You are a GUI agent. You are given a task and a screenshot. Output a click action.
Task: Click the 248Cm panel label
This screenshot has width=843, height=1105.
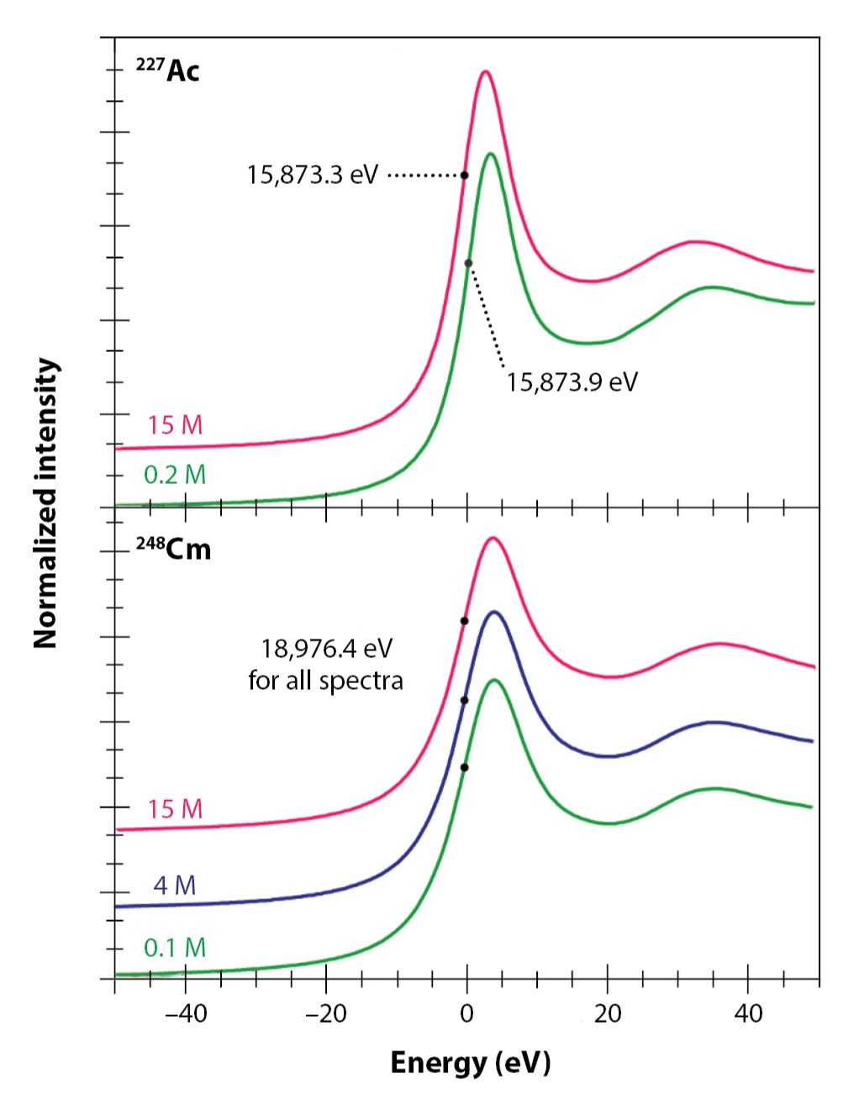pyautogui.click(x=173, y=550)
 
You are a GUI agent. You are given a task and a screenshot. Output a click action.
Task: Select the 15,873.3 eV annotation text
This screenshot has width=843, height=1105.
pyautogui.click(x=313, y=175)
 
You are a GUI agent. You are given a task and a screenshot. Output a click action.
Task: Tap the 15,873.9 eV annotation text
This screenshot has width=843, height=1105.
pyautogui.click(x=572, y=382)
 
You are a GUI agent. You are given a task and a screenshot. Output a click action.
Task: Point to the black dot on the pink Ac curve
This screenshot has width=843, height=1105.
pyautogui.click(x=464, y=175)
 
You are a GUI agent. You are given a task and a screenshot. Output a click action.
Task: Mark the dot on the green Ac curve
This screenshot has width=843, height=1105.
pyautogui.click(x=469, y=263)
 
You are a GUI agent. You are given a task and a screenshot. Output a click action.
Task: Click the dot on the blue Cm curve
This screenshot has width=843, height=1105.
pyautogui.click(x=464, y=700)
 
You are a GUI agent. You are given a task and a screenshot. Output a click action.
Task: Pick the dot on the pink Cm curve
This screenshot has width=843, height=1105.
pyautogui.click(x=464, y=621)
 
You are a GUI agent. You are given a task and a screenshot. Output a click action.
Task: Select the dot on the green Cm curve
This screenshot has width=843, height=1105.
pyautogui.click(x=464, y=767)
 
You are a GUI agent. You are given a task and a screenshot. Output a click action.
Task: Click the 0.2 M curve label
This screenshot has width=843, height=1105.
pyautogui.click(x=175, y=476)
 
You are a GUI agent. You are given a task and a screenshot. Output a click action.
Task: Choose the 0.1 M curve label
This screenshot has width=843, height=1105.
pyautogui.click(x=175, y=948)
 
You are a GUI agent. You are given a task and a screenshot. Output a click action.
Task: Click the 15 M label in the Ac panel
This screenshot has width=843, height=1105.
pyautogui.click(x=175, y=425)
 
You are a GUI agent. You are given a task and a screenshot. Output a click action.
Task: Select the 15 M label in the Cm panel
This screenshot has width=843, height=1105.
pyautogui.click(x=175, y=809)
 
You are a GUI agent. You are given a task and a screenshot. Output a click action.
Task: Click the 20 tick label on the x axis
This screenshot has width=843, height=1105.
pyautogui.click(x=607, y=1014)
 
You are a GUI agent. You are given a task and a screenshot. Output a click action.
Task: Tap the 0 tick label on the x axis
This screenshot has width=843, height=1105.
pyautogui.click(x=466, y=1014)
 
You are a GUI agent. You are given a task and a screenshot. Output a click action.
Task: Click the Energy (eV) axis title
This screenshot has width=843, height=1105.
pyautogui.click(x=470, y=1063)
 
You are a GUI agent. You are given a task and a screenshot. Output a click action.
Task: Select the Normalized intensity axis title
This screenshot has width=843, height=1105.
pyautogui.click(x=47, y=503)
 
